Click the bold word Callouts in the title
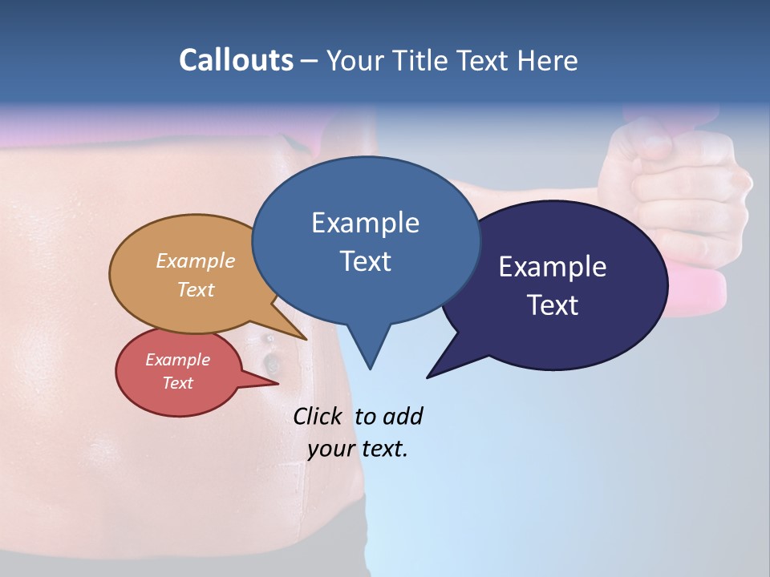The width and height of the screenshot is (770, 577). click(236, 60)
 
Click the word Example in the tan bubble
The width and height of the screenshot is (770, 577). click(196, 260)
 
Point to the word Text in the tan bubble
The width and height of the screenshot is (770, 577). click(196, 289)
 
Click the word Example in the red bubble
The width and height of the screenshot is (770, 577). click(177, 360)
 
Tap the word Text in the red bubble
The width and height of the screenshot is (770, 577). click(177, 383)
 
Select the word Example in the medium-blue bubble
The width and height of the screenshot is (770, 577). click(365, 223)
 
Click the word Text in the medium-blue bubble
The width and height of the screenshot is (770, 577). click(365, 261)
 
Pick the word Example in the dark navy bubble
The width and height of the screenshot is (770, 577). click(553, 267)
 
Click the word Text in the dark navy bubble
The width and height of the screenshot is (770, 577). click(553, 305)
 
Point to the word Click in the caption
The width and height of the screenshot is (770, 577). click(319, 416)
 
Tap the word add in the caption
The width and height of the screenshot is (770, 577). click(403, 416)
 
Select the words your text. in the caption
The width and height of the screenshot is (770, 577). click(358, 449)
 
